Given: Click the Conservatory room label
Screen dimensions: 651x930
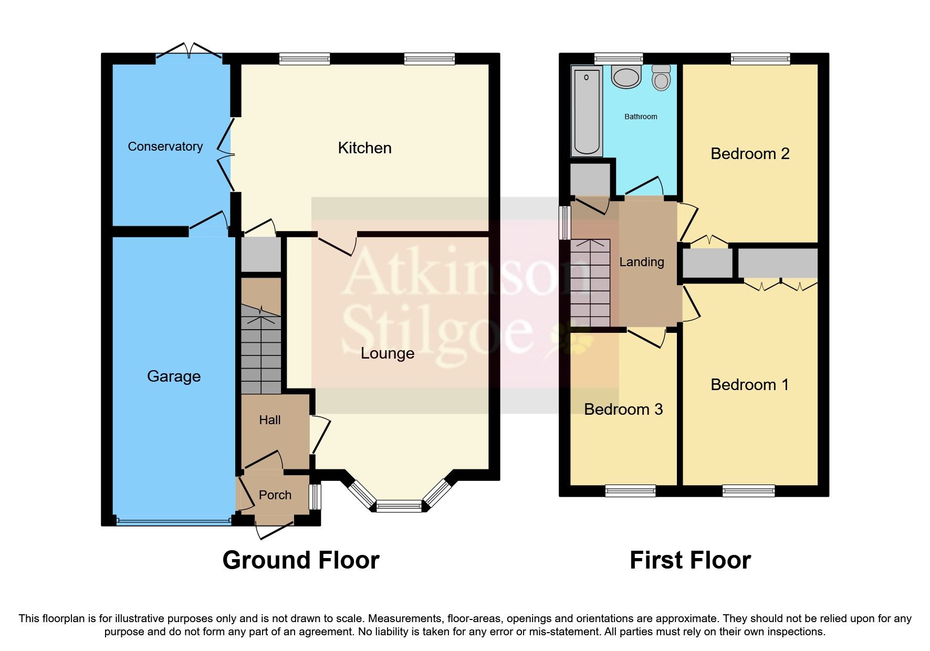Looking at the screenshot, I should [x=165, y=146].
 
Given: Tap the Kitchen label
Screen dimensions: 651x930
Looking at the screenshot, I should [x=364, y=148].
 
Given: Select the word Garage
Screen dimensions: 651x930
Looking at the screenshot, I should [x=173, y=376].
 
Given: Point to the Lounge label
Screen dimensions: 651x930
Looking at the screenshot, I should [x=387, y=353].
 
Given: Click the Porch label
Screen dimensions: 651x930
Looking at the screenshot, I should [x=275, y=495].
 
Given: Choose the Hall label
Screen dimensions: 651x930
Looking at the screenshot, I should [x=269, y=420].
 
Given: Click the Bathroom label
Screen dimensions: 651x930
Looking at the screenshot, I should [x=640, y=117].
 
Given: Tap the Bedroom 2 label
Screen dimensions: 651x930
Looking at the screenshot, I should [x=749, y=154].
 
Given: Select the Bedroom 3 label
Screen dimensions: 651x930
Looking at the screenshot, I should [x=623, y=409].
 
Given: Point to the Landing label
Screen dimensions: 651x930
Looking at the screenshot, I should [x=641, y=262].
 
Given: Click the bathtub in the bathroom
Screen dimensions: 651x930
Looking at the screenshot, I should [x=587, y=111].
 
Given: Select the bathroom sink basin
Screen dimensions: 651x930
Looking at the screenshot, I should [x=626, y=77].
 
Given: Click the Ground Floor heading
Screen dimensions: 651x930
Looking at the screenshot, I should [x=300, y=560].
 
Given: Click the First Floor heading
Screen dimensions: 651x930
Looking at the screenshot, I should [x=689, y=560].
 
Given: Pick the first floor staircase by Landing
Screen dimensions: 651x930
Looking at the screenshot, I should [x=590, y=283].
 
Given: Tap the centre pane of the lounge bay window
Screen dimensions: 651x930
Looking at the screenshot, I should [x=399, y=507].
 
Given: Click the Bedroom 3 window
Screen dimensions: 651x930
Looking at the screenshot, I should [x=630, y=491].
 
